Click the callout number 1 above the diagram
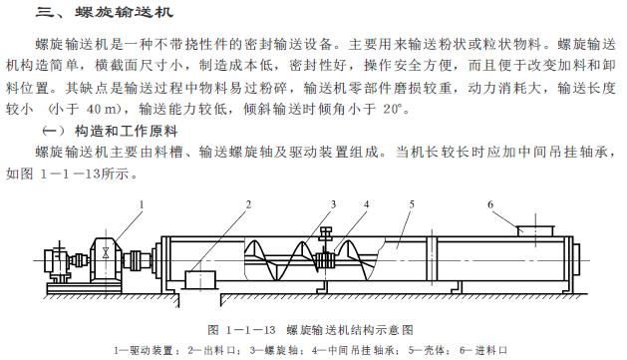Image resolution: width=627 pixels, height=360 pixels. pos(141,204)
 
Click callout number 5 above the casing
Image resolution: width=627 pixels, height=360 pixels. pos(410,204)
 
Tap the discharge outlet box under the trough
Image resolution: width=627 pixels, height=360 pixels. pos(208,278)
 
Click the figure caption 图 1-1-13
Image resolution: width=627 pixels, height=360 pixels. pos(310,328)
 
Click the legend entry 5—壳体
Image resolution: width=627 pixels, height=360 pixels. pos(424,349)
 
